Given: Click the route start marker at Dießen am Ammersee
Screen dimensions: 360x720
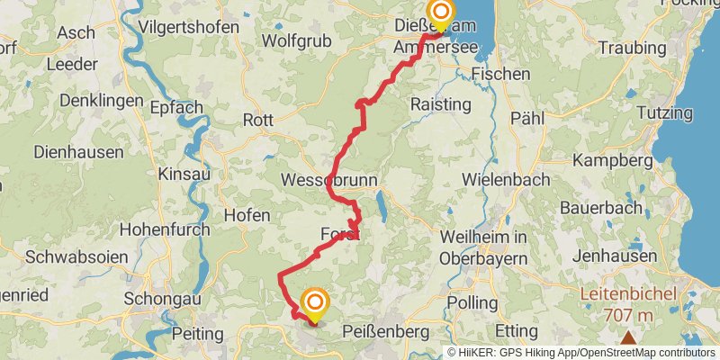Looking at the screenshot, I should [441, 13].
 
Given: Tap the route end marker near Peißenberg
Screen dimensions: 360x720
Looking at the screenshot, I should [315, 304].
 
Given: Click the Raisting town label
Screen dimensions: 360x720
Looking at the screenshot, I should [440, 104].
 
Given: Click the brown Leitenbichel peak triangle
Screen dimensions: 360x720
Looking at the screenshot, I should [627, 338].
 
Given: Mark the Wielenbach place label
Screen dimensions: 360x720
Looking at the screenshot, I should [505, 179].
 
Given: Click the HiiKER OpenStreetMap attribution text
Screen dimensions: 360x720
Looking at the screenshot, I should [581, 352].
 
